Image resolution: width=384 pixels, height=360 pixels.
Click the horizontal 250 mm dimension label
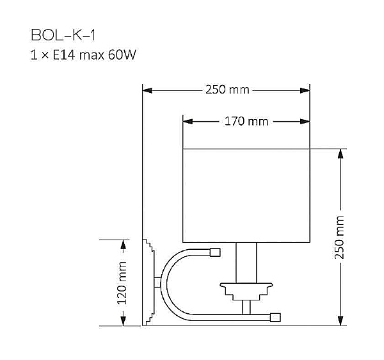[x=227, y=90]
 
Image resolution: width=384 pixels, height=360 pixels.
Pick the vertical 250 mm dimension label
[x=340, y=237]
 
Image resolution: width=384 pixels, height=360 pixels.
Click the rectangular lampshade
[x=246, y=196]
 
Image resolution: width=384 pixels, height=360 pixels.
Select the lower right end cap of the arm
[x=275, y=316]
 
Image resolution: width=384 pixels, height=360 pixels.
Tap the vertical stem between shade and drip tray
[x=246, y=263]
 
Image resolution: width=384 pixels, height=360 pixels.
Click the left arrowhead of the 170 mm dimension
[x=187, y=121]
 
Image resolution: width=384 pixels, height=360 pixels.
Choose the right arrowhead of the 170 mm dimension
[x=306, y=121]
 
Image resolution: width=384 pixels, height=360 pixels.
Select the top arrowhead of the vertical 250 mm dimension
[x=340, y=154]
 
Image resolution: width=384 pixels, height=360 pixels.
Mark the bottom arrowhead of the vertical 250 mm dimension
[x=340, y=322]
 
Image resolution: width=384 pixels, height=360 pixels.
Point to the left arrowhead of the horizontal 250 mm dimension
[x=147, y=90]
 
